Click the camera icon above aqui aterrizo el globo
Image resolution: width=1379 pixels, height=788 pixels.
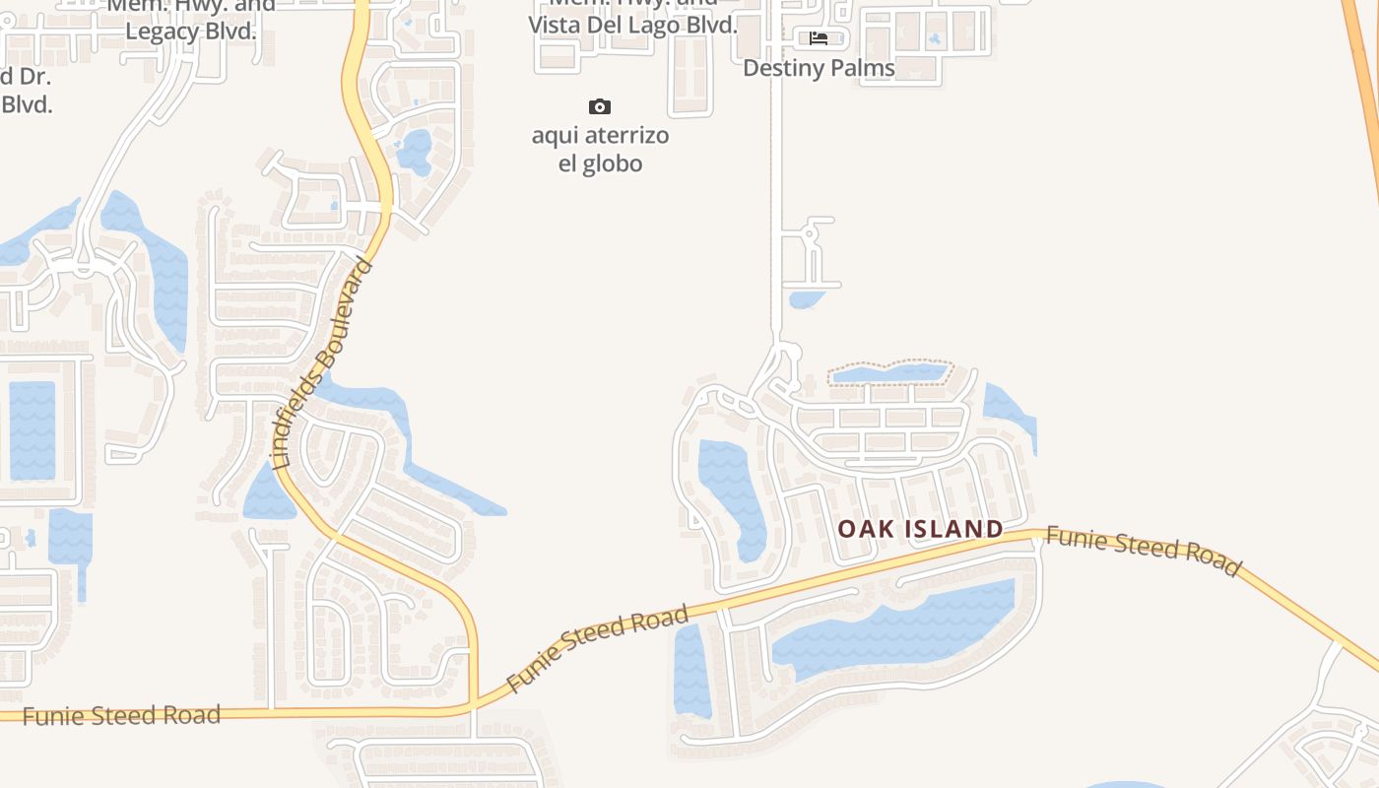599,106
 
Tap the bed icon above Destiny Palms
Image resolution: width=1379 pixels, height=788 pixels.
819,38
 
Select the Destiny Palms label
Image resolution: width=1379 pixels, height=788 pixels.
819,68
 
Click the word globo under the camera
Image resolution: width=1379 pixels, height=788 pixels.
616,164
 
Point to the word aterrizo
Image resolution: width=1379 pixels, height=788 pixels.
626,135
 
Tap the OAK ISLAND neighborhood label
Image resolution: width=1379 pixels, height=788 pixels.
920,529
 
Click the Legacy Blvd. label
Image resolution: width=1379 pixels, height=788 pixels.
191,32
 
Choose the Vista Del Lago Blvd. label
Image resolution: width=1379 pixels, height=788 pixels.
632,26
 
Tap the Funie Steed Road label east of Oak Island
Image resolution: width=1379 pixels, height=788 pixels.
1143,551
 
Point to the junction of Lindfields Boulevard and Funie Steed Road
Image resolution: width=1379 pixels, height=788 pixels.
473,705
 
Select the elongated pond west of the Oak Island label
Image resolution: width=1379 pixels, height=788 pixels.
729,492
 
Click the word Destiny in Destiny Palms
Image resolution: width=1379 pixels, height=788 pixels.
780,68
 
